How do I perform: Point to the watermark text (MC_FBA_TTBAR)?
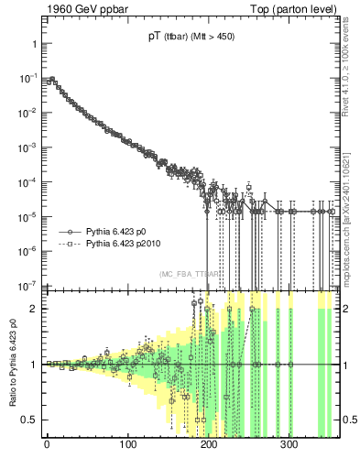pyautogui.click(x=190, y=274)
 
